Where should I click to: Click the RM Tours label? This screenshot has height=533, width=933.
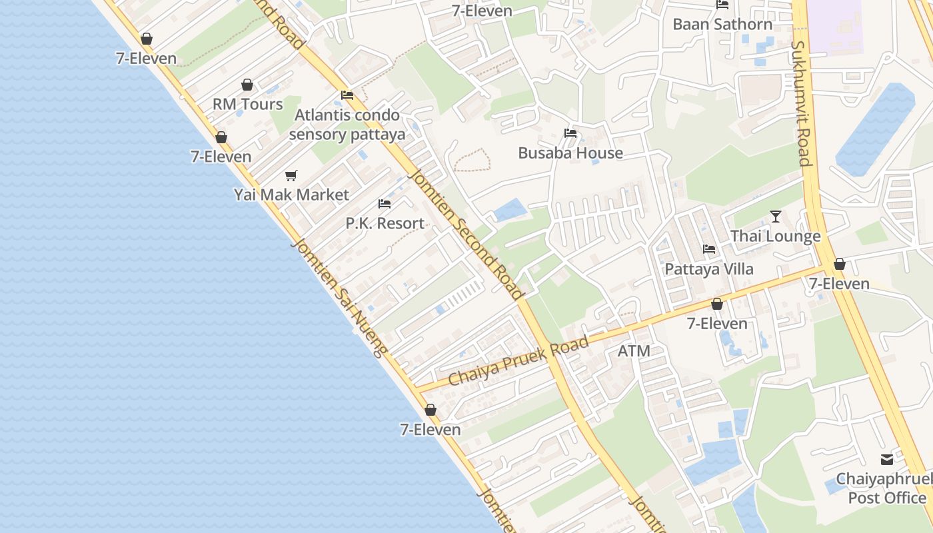pos(247,105)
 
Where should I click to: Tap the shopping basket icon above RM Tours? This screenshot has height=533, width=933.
pos(247,85)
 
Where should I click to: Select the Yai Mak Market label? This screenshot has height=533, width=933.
pos(291,195)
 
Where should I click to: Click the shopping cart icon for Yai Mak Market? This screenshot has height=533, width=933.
pos(291,175)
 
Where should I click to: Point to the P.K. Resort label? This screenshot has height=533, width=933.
pos(385,223)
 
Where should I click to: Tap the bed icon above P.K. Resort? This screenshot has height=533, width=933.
pos(385,203)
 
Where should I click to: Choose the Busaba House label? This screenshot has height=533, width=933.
pos(570,153)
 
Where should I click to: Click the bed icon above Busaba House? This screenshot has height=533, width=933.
pos(570,133)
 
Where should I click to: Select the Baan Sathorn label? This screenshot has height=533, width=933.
pos(722,25)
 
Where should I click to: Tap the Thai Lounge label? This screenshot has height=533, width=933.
pos(775,236)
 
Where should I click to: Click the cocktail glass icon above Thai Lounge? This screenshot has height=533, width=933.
pos(776,216)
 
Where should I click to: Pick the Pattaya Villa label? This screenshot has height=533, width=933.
pos(709,269)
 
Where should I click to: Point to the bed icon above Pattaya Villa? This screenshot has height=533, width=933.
pos(709,249)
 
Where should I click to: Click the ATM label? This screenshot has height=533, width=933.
pos(634,350)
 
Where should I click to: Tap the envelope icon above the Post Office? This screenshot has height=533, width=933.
pos(887,460)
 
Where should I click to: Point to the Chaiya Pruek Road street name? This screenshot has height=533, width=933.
pos(518,361)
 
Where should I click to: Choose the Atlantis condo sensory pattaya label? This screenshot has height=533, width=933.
pos(350,125)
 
